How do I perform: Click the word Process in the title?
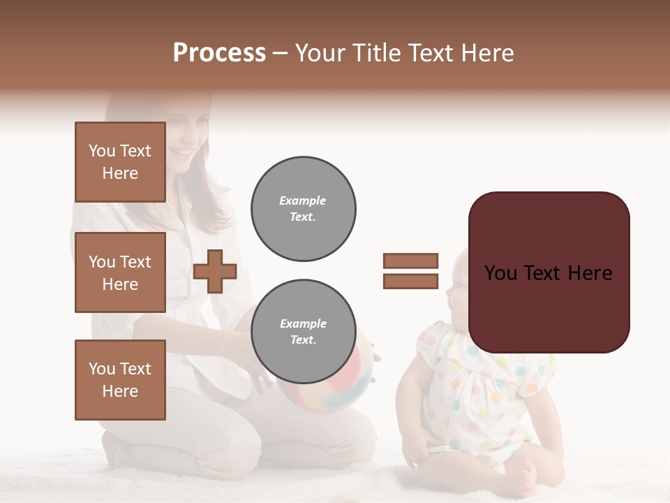pyautogui.click(x=219, y=53)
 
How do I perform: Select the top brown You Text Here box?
pyautogui.click(x=120, y=162)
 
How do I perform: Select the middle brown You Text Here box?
pyautogui.click(x=120, y=272)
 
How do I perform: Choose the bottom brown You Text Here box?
pyautogui.click(x=120, y=380)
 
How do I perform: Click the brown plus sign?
pyautogui.click(x=215, y=271)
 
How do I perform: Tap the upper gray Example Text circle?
pyautogui.click(x=303, y=209)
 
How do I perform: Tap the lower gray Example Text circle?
pyautogui.click(x=303, y=332)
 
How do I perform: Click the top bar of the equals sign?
pyautogui.click(x=410, y=261)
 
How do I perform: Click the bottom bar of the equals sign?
pyautogui.click(x=410, y=282)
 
